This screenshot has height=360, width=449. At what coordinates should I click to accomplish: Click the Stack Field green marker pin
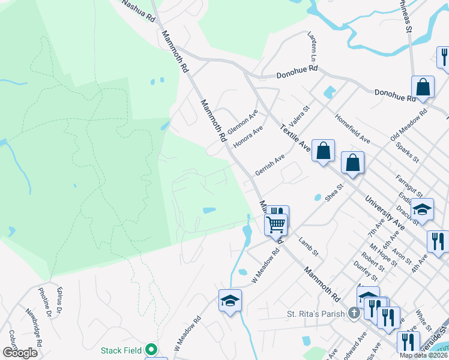coord(152,349)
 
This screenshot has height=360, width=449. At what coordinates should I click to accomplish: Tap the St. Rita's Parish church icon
coord(354,313)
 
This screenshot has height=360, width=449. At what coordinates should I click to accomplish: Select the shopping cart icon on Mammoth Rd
coord(276,224)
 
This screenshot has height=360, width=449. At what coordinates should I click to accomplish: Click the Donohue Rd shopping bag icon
coord(423,87)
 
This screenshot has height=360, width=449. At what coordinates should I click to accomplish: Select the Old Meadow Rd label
coord(408,125)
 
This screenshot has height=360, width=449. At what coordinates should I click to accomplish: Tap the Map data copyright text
coord(423,355)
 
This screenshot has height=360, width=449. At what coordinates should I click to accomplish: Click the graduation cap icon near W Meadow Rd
coord(230,301)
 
